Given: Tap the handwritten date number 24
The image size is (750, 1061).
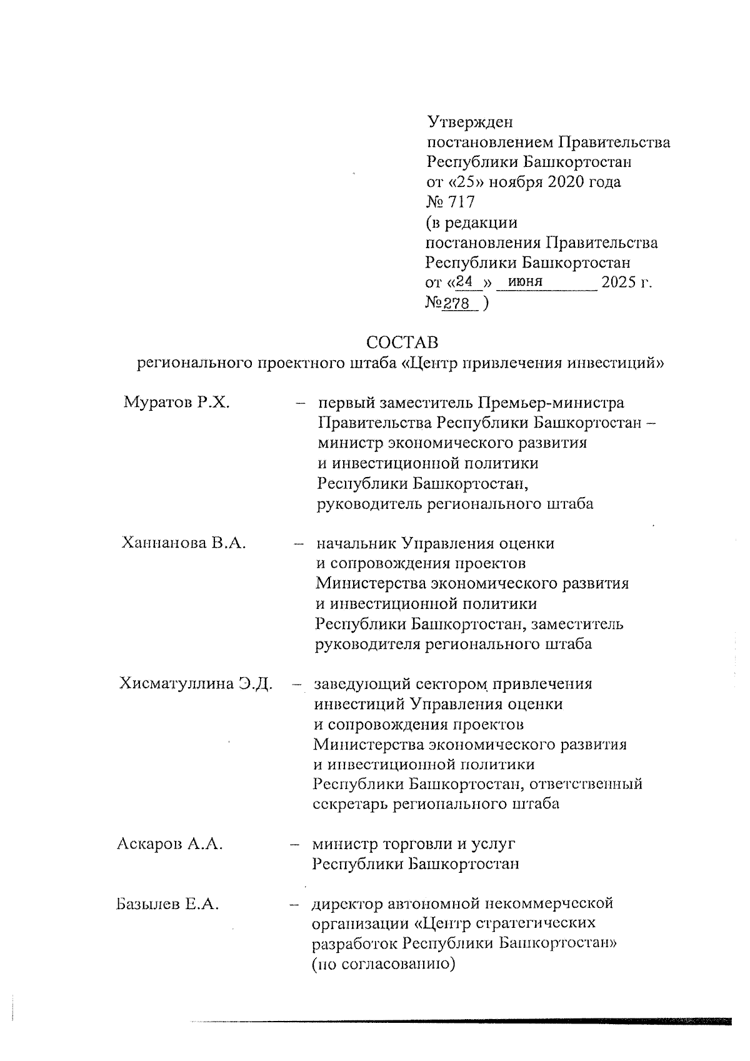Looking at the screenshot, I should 467,282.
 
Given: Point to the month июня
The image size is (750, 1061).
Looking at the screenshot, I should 526,282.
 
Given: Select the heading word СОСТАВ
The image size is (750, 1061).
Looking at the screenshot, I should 402,343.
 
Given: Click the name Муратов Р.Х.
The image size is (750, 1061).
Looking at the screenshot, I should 177,403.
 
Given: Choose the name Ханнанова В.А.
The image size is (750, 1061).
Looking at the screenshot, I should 184,543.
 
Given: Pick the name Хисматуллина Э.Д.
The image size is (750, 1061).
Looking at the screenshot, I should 196,683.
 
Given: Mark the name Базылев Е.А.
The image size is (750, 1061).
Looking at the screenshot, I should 167,904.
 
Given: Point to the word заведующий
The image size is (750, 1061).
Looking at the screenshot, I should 356,683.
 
